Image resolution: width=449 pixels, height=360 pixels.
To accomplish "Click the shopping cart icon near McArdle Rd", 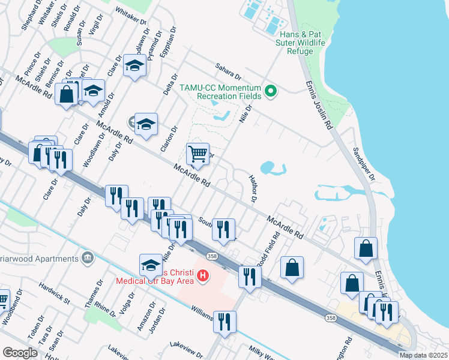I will pyautogui.click(x=197, y=154).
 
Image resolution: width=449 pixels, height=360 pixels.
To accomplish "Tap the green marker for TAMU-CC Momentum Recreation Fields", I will pyautogui.click(x=271, y=92).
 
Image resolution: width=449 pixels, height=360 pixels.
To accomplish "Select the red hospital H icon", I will pyautogui.click(x=203, y=275).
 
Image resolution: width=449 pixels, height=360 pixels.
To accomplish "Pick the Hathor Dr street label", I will pyautogui.click(x=253, y=190).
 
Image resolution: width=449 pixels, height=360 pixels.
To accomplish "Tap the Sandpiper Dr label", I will pyautogui.click(x=364, y=164).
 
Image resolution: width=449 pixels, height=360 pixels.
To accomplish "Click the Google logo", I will pyautogui.click(x=20, y=352).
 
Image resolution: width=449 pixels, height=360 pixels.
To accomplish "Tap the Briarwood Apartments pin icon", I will pyautogui.click(x=88, y=258).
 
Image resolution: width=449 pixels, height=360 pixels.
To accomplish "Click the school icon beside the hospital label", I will pyautogui.click(x=151, y=265).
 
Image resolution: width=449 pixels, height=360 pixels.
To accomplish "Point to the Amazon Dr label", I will pyautogui.click(x=143, y=317).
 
